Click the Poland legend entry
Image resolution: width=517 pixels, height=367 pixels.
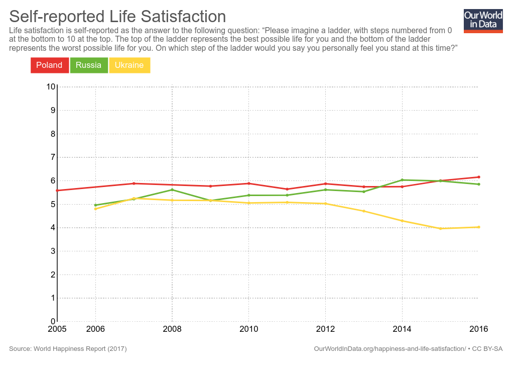click(49, 65)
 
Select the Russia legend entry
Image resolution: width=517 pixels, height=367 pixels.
click(89, 65)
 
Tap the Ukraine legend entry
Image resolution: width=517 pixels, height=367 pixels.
click(129, 65)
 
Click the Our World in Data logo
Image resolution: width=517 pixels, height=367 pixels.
click(483, 21)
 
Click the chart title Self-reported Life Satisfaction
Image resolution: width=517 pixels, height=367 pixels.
click(117, 16)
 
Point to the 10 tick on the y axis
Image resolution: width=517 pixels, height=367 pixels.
click(51, 86)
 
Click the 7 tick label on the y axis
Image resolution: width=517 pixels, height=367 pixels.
click(52, 157)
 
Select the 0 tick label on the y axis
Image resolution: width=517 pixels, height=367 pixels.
click(52, 321)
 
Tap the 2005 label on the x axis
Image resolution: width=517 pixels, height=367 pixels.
click(57, 329)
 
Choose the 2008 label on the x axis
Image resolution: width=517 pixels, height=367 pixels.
click(172, 329)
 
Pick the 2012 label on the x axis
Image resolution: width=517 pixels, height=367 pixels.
click(325, 329)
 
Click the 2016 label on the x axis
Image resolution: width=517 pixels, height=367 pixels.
click(478, 329)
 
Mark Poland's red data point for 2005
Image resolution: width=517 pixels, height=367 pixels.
click(57, 191)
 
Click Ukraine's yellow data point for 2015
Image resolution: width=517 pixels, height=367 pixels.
click(440, 229)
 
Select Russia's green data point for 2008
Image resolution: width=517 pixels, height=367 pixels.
click(172, 190)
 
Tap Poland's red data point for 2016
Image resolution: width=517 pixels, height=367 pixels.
click(479, 177)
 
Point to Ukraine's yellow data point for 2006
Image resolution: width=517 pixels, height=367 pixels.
click(95, 209)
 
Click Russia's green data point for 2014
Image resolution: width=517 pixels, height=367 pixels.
click(402, 179)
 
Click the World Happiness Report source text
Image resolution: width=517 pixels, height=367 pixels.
click(68, 348)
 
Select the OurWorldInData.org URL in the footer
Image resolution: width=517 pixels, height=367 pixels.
click(390, 348)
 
